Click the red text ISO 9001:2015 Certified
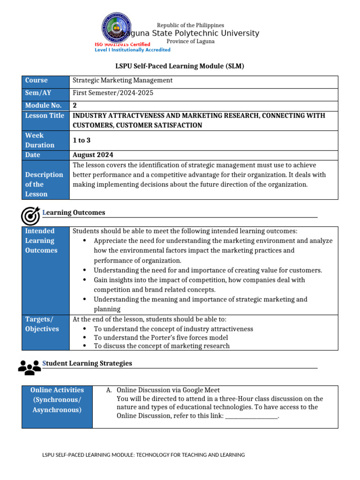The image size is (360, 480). pos(122,44)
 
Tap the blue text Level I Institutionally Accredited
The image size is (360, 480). pos(133,50)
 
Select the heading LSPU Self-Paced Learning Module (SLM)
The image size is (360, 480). pos(180,66)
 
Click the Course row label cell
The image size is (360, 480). pos(45,81)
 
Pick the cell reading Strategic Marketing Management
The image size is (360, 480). pos(122,81)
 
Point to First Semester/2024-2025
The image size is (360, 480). pos(113,93)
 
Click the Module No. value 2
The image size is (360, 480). pos(75,105)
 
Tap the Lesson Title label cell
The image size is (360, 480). pos(45,115)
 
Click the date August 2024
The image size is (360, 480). pos(93,155)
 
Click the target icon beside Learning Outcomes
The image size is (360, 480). pos(30,216)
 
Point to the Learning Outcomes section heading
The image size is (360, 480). pos(74,213)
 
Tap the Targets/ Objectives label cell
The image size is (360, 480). pos(45,324)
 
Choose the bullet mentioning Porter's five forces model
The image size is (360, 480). pos(161,337)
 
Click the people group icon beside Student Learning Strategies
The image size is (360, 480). pos(30,367)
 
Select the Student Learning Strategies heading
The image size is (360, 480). pos(87,363)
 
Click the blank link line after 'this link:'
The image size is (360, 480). pos(252,416)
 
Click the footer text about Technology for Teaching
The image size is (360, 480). pos(143,455)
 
